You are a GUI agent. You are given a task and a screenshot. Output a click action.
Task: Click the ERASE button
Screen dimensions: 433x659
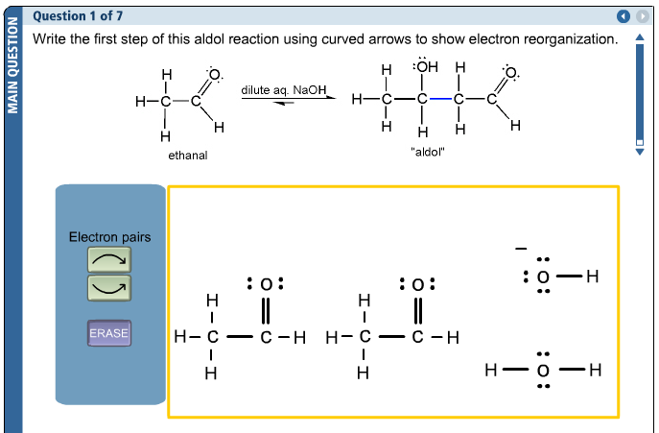click(x=109, y=333)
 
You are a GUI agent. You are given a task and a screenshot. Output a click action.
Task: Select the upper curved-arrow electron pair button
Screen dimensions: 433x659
click(x=109, y=259)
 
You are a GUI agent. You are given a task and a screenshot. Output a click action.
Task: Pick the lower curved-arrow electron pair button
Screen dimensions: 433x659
click(x=109, y=286)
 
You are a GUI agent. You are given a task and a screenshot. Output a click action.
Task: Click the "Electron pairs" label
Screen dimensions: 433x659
click(x=109, y=237)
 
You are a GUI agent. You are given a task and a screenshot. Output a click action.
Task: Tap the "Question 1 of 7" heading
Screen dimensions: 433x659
click(x=78, y=16)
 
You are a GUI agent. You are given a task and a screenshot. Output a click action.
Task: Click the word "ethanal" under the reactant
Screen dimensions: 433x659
click(x=188, y=155)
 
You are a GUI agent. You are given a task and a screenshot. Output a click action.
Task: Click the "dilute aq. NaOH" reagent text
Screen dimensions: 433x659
click(x=284, y=90)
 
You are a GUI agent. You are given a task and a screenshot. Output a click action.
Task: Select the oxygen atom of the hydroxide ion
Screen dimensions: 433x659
click(x=543, y=277)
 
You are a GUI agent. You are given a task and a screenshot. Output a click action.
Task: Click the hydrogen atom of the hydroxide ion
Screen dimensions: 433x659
click(x=591, y=277)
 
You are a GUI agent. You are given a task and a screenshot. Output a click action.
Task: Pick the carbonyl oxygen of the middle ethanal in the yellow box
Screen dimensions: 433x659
click(x=417, y=284)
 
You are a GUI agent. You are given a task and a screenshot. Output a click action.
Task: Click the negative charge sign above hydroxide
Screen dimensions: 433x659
click(x=520, y=250)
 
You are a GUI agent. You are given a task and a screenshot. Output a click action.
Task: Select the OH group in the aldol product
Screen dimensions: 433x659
click(x=425, y=69)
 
